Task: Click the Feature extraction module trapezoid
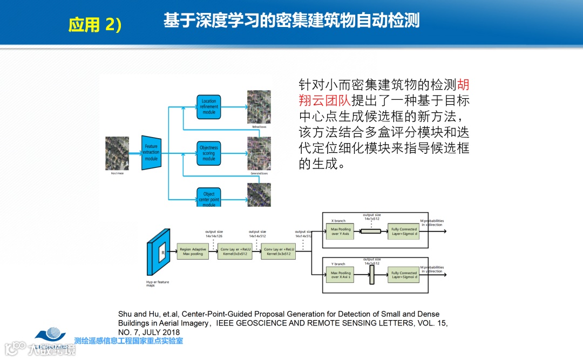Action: pos(151,153)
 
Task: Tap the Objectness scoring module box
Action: pos(208,153)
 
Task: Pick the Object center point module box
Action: pos(208,198)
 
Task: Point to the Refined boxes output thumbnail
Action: pos(259,107)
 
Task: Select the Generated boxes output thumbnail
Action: pos(259,153)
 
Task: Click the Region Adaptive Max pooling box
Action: pos(193,252)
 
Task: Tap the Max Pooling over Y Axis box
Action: pos(341,231)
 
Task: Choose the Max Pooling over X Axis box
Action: pos(341,275)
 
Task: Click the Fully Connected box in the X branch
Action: pos(404,231)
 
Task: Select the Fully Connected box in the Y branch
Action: pos(404,275)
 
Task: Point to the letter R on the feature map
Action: pos(162,252)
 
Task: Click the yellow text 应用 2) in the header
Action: pos(95,25)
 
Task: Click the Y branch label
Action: pos(338,264)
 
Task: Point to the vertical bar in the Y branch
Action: pos(371,275)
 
